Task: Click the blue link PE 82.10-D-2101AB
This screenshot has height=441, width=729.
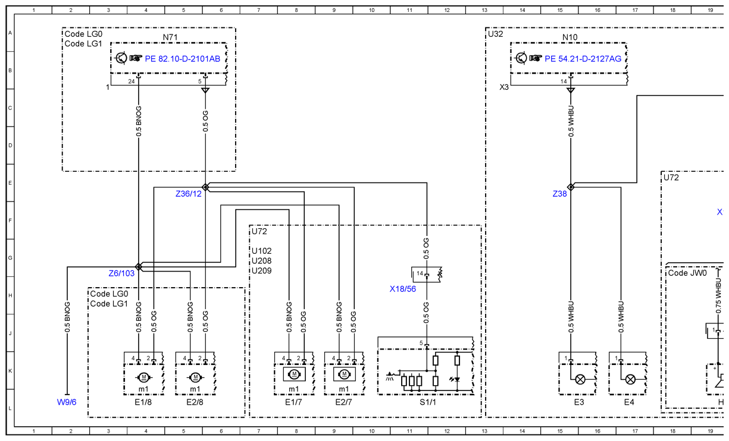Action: (x=183, y=59)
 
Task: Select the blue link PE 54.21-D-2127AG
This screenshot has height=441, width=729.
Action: (x=583, y=59)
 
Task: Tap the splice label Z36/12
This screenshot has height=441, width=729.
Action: (x=189, y=194)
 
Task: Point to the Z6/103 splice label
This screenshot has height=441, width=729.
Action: (x=121, y=273)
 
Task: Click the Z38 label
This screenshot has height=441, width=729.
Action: (x=560, y=194)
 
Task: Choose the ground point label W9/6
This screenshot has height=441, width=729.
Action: (x=67, y=402)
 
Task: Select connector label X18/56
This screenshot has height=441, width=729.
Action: (x=402, y=289)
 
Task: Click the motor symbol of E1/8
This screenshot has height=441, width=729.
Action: (x=143, y=377)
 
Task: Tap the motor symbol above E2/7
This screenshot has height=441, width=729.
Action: (x=345, y=374)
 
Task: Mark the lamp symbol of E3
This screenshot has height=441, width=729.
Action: (x=580, y=379)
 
